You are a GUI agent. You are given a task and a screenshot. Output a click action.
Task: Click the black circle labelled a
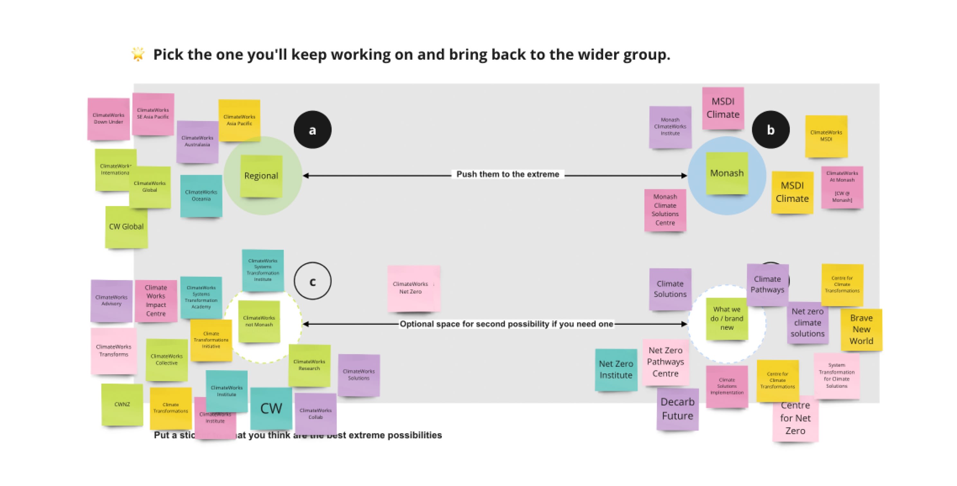(x=313, y=130)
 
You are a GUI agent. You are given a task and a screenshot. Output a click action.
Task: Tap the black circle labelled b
(x=770, y=130)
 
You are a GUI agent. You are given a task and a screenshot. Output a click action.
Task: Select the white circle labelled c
(x=313, y=281)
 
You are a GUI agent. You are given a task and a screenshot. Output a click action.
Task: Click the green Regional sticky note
(x=261, y=176)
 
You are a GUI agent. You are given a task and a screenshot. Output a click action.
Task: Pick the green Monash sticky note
(x=727, y=173)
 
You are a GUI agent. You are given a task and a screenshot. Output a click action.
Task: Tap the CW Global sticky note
(x=126, y=227)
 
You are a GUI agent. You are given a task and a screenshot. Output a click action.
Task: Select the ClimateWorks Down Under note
(x=108, y=119)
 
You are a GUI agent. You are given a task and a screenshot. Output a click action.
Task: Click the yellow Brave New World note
(x=861, y=330)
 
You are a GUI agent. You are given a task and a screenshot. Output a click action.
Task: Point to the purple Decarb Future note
(x=677, y=409)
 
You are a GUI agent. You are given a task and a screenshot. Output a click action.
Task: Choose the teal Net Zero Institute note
(x=616, y=369)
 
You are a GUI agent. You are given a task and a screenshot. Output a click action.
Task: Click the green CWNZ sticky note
(x=122, y=405)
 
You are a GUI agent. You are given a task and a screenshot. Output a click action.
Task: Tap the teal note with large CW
(x=271, y=408)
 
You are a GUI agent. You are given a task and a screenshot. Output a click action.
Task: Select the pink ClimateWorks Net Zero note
(x=414, y=288)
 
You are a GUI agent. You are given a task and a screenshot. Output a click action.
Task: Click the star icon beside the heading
(x=138, y=54)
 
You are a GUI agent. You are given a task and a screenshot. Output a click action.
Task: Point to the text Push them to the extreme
(x=507, y=174)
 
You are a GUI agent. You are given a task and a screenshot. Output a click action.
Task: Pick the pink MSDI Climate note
(x=723, y=108)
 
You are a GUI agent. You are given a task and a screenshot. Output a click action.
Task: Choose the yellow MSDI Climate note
(x=792, y=192)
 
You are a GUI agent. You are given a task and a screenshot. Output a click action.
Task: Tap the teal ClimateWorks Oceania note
(x=201, y=196)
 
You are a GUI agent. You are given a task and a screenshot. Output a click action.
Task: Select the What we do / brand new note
(x=727, y=319)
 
